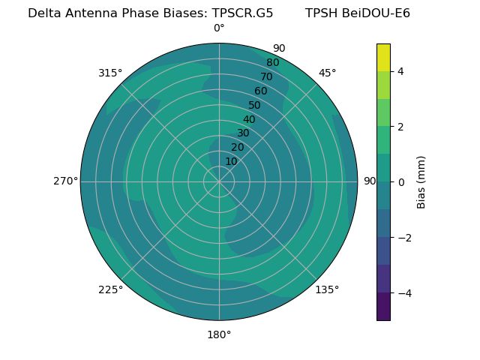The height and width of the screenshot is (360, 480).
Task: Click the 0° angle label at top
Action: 219,28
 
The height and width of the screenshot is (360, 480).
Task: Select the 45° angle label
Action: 327,73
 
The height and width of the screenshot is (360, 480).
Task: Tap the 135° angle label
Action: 327,289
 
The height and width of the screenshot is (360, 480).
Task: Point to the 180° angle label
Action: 219,334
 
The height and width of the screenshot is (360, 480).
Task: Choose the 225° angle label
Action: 110,289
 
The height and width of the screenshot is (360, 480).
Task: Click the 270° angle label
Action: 65,181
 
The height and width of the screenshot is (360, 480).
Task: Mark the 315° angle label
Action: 110,73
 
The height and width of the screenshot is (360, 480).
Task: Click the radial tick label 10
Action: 231,161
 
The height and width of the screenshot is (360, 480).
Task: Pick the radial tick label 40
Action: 249,119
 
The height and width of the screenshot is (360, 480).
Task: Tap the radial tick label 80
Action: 273,63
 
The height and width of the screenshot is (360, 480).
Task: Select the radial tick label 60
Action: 261,91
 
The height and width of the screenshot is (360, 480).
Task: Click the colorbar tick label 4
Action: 400,71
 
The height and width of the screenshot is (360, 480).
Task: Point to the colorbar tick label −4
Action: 403,292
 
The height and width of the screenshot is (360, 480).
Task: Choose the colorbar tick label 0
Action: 400,181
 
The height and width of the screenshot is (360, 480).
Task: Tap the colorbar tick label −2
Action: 403,237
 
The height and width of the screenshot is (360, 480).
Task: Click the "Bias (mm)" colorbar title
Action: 421,181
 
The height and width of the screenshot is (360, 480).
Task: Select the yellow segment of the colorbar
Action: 383,57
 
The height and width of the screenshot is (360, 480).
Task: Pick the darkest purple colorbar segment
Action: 383,306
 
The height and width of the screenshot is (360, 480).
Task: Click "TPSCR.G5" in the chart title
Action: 242,13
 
